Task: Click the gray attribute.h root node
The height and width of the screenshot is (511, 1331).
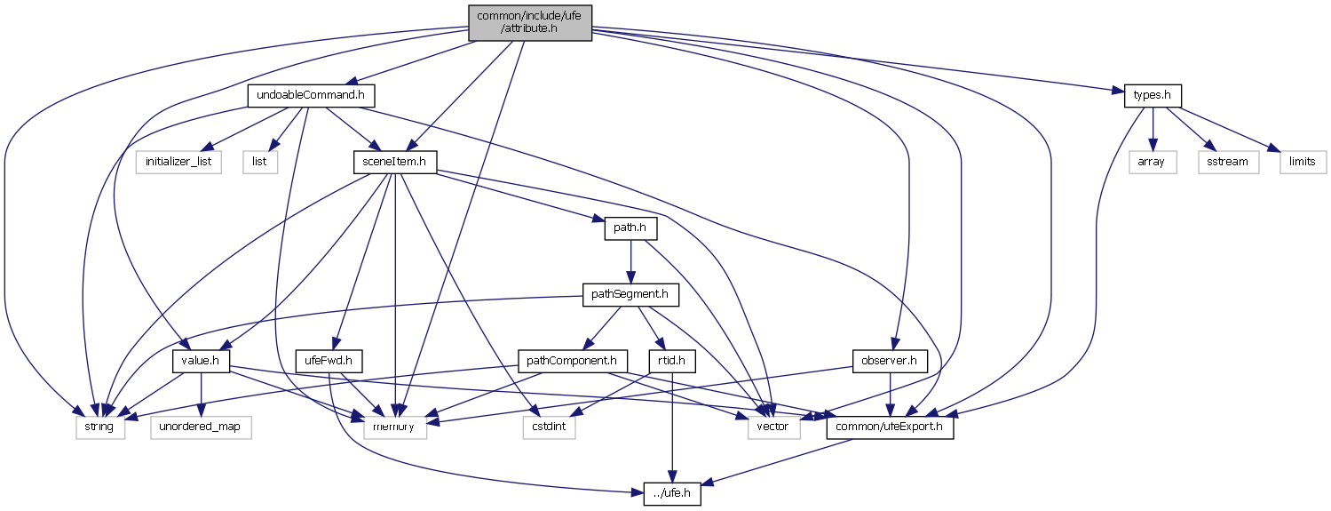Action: tap(529, 22)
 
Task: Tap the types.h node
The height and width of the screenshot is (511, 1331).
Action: tap(1153, 95)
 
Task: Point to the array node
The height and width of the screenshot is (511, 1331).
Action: tap(1152, 162)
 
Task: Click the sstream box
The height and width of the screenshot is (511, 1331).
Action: tap(1228, 162)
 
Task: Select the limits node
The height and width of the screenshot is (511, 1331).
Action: tap(1302, 162)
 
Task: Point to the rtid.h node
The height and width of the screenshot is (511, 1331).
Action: tap(672, 362)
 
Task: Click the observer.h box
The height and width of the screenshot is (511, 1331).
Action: tap(889, 362)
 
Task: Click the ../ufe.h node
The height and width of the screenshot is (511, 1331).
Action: tap(672, 494)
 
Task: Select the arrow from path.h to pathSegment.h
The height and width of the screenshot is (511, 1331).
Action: tap(630, 261)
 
